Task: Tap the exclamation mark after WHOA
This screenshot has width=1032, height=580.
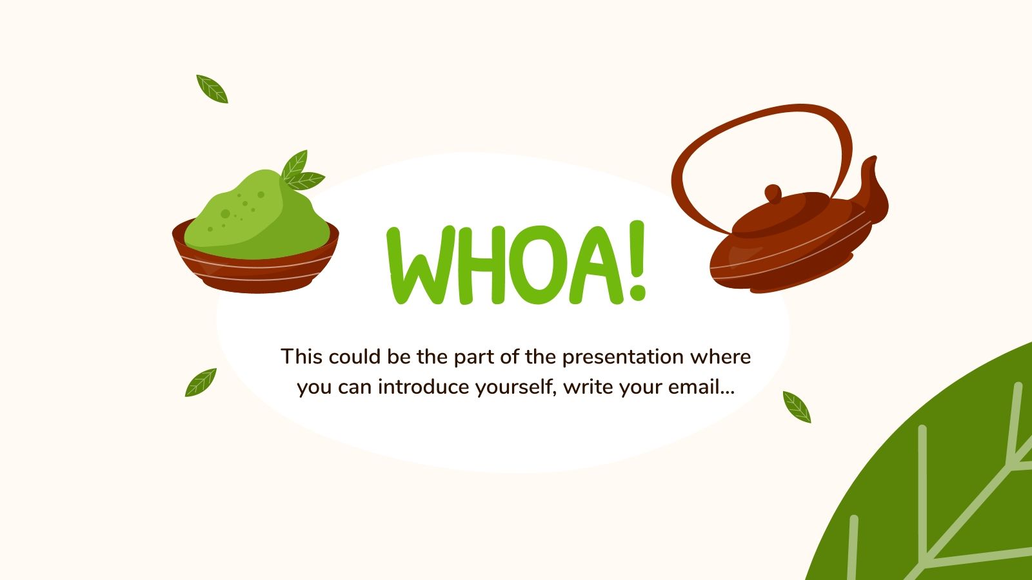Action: click(x=637, y=261)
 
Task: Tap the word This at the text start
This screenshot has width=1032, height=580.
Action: click(x=301, y=356)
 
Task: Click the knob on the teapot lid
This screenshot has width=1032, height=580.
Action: click(x=773, y=193)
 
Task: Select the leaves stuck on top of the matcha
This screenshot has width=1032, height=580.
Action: click(x=300, y=171)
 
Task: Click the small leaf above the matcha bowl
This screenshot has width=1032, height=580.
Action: click(x=212, y=89)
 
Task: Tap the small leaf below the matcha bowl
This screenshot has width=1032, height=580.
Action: click(x=201, y=383)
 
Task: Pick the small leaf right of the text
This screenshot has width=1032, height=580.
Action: click(x=797, y=407)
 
